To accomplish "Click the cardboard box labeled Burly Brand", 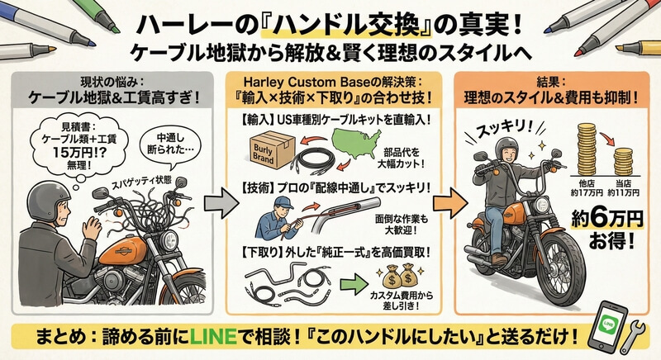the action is tap(270, 150).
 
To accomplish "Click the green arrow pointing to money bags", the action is tap(354, 285).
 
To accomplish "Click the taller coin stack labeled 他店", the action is tap(587, 149).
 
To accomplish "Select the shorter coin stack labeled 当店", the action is tap(623, 162).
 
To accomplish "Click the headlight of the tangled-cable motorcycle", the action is tap(169, 240).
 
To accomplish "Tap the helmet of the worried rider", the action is tap(48, 201).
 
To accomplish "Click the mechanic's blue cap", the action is tap(283, 202).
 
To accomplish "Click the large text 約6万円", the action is tap(607, 219).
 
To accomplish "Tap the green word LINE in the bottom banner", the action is tap(212, 336).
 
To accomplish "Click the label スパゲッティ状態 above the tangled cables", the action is tap(141, 182).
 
